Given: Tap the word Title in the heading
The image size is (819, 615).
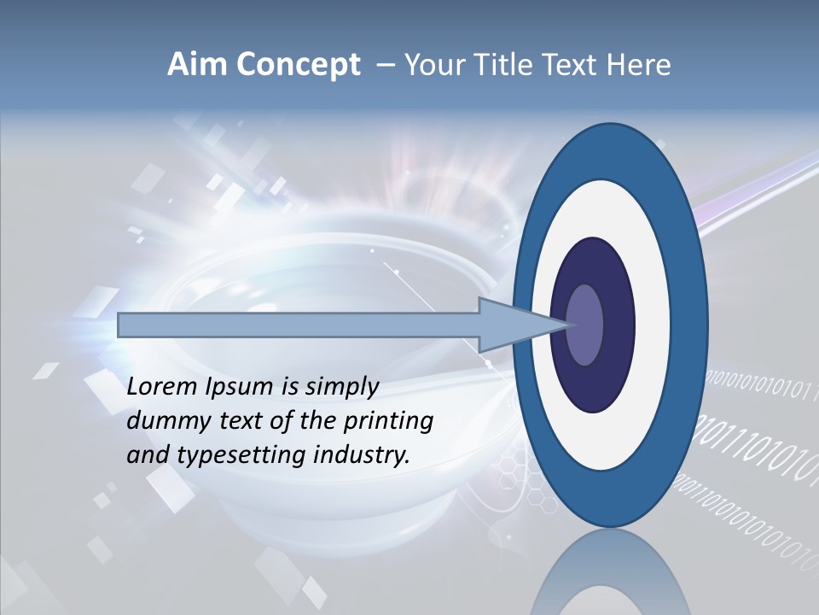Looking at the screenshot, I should pyautogui.click(x=501, y=65).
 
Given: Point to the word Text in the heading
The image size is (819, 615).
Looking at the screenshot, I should pyautogui.click(x=572, y=65).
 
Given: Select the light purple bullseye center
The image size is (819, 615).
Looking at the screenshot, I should pyautogui.click(x=585, y=325).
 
